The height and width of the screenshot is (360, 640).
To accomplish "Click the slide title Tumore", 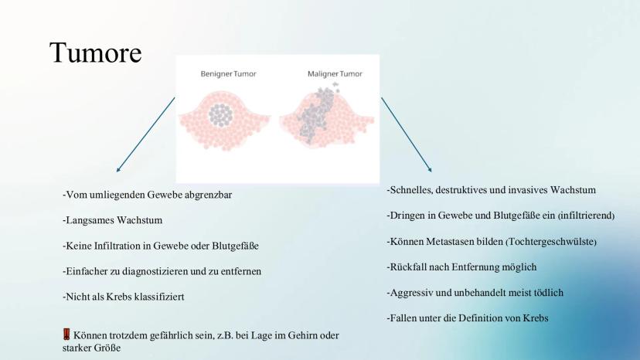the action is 96,53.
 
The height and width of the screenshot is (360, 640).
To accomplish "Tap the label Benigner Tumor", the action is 228,74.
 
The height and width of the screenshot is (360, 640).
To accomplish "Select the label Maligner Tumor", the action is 335,74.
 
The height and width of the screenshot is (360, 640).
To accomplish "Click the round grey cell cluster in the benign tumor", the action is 221,115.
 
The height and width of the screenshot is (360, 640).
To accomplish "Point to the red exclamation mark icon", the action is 66,335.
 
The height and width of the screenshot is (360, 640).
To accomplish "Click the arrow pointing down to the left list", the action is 146,134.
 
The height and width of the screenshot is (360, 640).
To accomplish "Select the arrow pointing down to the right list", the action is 407,134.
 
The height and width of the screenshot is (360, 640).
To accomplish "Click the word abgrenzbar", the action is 208,195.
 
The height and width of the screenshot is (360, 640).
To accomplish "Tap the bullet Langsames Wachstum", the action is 113,220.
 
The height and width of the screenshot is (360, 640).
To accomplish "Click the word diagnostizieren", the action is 155,271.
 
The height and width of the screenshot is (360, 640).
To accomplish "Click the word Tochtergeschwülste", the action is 551,242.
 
